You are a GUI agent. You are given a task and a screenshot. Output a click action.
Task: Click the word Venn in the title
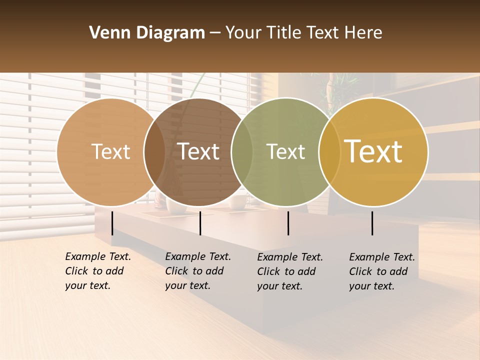106,33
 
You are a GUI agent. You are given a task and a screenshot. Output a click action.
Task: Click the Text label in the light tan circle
110,151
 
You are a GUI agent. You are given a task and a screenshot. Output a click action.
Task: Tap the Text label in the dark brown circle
198,151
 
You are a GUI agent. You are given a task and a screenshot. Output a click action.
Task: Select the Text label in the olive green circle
286,151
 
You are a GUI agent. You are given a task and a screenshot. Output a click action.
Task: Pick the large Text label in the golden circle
373,151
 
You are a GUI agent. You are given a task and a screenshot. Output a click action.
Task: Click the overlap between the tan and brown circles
154,152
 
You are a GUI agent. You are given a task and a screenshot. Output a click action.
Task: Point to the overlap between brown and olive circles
242,152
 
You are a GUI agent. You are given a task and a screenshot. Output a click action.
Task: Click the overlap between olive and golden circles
327,152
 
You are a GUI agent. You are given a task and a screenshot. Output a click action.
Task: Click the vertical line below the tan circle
112,223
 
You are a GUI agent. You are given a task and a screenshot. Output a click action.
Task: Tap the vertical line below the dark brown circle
200,223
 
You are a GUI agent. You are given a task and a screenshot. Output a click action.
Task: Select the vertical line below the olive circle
288,223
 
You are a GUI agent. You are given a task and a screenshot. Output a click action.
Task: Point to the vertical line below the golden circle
372,223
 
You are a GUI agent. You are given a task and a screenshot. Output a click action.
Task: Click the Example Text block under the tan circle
98,271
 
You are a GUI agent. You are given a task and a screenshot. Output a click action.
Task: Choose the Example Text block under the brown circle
198,271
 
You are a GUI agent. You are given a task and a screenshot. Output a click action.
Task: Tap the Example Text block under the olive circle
290,271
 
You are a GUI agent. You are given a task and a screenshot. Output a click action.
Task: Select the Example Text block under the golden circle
382,271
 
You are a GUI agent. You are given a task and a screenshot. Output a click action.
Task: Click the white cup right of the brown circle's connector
237,202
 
